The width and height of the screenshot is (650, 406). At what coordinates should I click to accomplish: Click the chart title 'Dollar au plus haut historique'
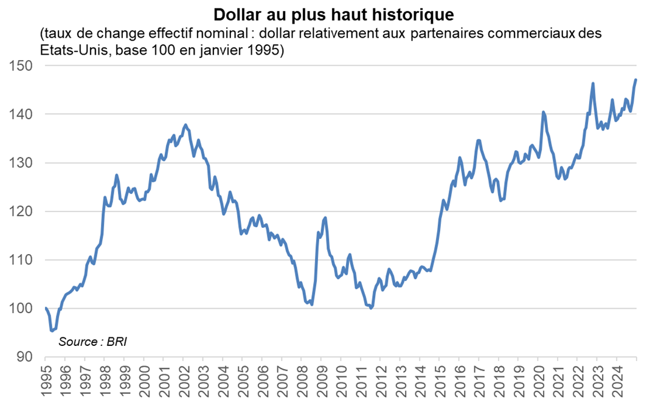(x=325, y=13)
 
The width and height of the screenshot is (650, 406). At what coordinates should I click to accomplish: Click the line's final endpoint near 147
(x=635, y=80)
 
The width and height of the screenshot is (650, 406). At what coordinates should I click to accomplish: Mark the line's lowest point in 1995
(x=52, y=331)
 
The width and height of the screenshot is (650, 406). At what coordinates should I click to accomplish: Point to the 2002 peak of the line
(x=185, y=125)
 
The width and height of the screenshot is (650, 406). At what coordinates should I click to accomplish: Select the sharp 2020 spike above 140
(x=543, y=112)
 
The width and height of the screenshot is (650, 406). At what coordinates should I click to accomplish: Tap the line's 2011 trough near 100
(x=371, y=308)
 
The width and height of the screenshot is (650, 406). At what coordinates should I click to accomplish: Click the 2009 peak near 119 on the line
(x=325, y=218)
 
